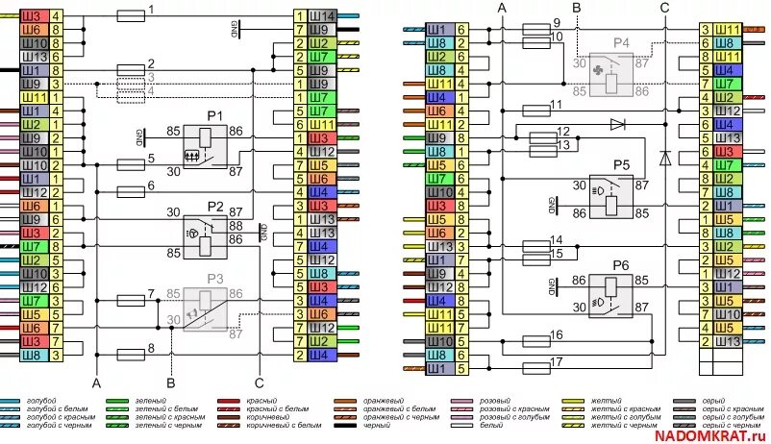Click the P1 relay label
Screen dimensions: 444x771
[x=214, y=115]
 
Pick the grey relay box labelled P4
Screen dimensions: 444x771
[x=609, y=75]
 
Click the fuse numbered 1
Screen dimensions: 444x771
[x=130, y=16]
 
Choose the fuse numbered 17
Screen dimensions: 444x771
[x=535, y=368]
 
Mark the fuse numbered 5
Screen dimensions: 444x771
[x=130, y=163]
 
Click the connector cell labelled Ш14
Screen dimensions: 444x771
[x=324, y=16]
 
